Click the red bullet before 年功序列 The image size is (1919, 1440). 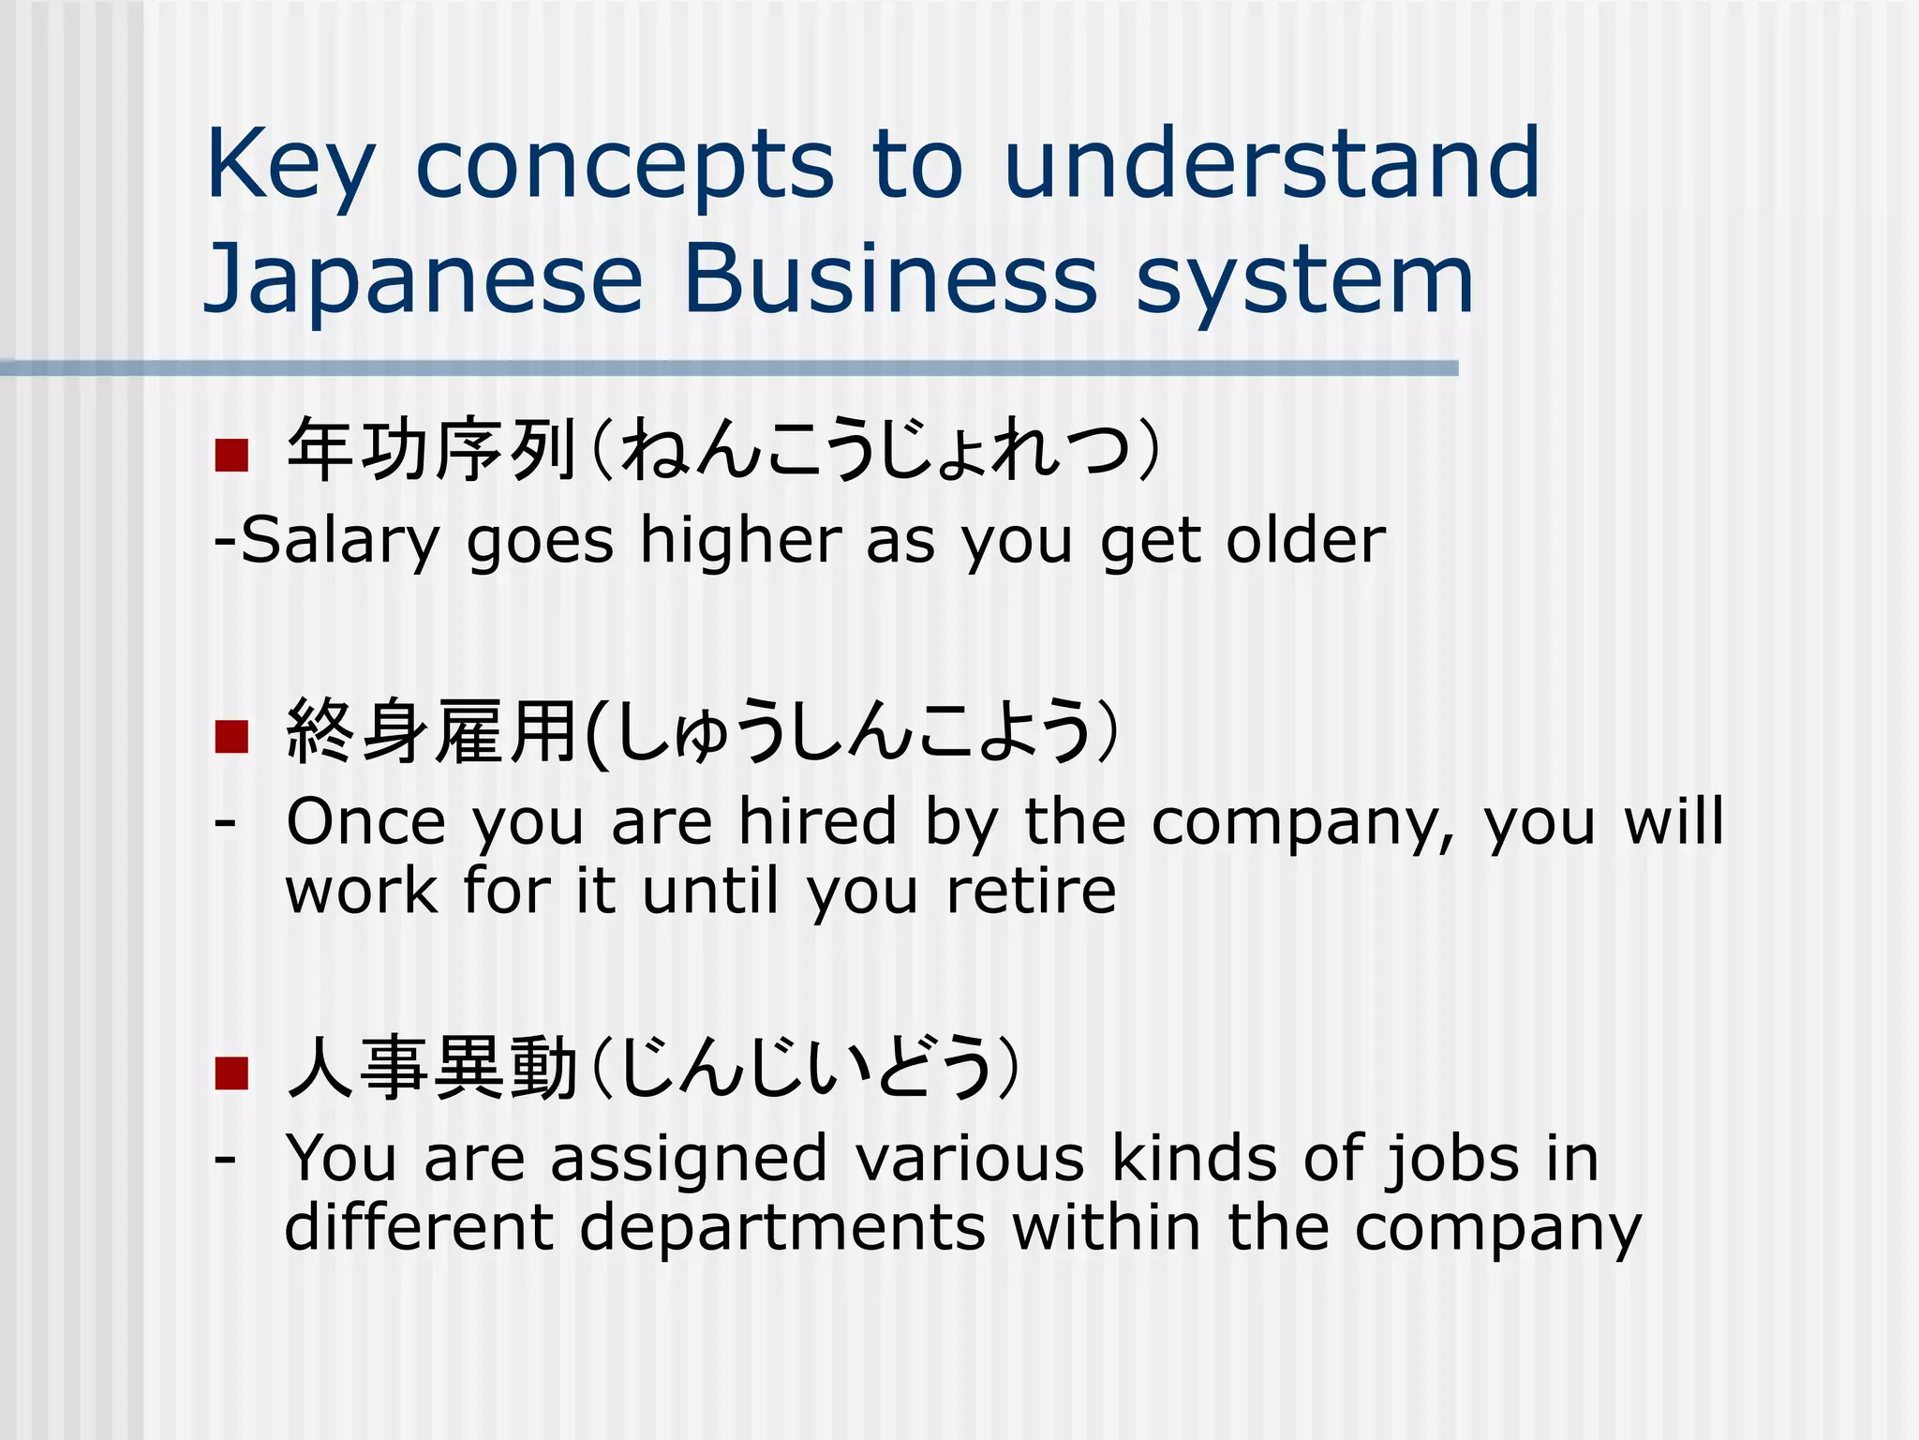231,455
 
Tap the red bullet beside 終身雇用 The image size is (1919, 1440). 231,736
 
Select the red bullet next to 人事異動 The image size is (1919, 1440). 231,1072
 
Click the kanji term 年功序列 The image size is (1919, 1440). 431,451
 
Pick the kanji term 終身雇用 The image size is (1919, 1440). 431,732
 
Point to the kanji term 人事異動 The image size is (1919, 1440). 431,1069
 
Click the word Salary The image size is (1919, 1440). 339,542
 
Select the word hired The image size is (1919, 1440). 818,821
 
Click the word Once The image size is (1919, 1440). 365,821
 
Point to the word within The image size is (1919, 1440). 1107,1227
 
